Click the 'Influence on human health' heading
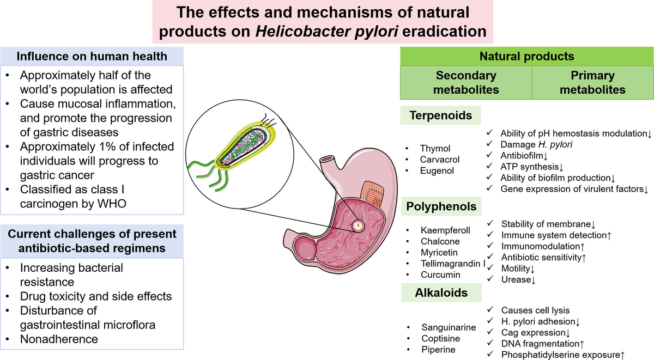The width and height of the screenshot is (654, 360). pyautogui.click(x=91, y=56)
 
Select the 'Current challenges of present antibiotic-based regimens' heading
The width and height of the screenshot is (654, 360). pyautogui.click(x=91, y=241)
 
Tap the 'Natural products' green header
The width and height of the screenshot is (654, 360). pyautogui.click(x=526, y=56)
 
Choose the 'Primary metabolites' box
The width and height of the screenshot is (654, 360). pyautogui.click(x=592, y=82)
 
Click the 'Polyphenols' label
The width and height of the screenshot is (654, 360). pyautogui.click(x=441, y=206)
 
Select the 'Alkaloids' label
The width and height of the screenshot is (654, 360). pyautogui.click(x=441, y=292)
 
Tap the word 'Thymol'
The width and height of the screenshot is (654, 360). pyautogui.click(x=435, y=149)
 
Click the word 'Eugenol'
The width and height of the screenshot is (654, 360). pyautogui.click(x=437, y=170)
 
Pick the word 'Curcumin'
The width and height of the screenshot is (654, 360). pyautogui.click(x=440, y=274)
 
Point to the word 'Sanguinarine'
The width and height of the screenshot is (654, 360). pyautogui.click(x=448, y=328)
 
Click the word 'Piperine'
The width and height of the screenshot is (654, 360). pyautogui.click(x=439, y=350)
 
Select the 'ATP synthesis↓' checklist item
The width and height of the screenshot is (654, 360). pyautogui.click(x=530, y=167)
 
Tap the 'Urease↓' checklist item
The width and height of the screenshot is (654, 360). pyautogui.click(x=518, y=279)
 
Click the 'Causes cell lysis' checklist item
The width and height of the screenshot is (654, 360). pyautogui.click(x=536, y=310)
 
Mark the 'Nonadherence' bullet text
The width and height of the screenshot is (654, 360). pyautogui.click(x=59, y=339)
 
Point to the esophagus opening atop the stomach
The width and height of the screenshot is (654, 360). pyautogui.click(x=327, y=162)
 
